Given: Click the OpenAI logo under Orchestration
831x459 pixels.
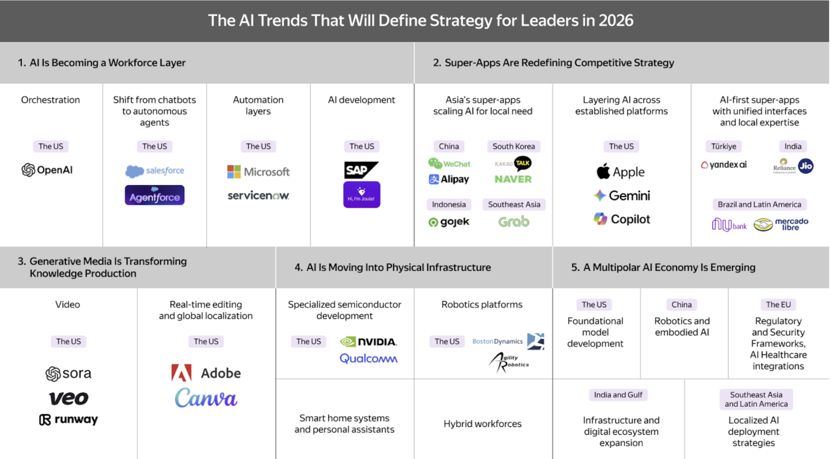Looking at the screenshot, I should pyautogui.click(x=47, y=170).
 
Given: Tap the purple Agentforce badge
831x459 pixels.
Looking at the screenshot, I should pyautogui.click(x=155, y=195).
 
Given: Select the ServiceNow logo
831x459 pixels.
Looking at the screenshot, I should pyautogui.click(x=258, y=195).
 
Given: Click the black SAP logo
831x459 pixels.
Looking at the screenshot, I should pyautogui.click(x=361, y=170).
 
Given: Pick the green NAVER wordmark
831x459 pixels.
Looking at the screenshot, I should pyautogui.click(x=513, y=179).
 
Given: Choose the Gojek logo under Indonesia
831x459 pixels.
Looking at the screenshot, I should pyautogui.click(x=449, y=222).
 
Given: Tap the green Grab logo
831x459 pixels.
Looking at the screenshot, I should pyautogui.click(x=514, y=222).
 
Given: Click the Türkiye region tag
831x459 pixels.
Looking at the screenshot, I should pyautogui.click(x=723, y=146).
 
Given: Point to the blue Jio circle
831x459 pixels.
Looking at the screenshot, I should pyautogui.click(x=805, y=166).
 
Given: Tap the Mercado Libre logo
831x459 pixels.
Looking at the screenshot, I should pyautogui.click(x=781, y=224).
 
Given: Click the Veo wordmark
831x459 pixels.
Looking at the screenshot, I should pyautogui.click(x=69, y=398).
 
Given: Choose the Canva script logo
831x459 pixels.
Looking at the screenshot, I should pyautogui.click(x=206, y=398).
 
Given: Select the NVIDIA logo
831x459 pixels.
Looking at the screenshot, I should pyautogui.click(x=368, y=342).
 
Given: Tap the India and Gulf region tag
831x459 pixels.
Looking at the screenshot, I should pyautogui.click(x=618, y=395).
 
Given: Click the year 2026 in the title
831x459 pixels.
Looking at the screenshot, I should pyautogui.click(x=616, y=20).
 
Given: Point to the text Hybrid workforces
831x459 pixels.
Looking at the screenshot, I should pyautogui.click(x=482, y=424).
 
